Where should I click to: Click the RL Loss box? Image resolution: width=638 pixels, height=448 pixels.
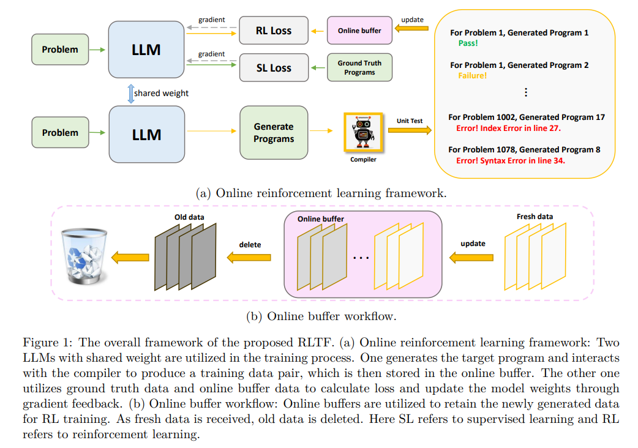[273, 31]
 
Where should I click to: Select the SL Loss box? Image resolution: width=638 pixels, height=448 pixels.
[273, 68]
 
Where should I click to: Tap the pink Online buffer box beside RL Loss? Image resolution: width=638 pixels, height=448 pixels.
[359, 31]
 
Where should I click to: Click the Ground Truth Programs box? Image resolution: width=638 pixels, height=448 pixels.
[359, 67]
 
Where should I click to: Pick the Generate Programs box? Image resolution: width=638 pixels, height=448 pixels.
[274, 133]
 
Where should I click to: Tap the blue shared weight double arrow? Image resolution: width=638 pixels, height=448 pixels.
[130, 93]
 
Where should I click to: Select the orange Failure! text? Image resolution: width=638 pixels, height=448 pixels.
[472, 76]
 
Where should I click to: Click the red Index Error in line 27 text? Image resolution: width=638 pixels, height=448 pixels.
[508, 129]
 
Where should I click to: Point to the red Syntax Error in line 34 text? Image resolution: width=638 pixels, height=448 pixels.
[511, 161]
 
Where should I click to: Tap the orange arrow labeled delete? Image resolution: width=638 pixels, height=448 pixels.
[250, 258]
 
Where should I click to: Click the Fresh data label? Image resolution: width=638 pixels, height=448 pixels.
[535, 216]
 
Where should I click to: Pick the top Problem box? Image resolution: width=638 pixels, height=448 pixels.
[60, 50]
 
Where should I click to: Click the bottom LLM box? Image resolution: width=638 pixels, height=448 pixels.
[147, 134]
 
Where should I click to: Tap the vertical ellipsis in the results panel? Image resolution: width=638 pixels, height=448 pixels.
[525, 92]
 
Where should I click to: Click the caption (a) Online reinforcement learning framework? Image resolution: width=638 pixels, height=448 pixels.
[321, 193]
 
